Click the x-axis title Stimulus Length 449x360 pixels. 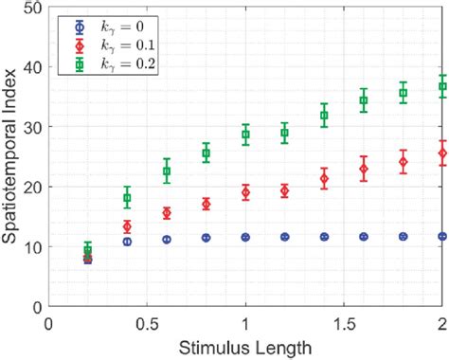pyautogui.click(x=245, y=348)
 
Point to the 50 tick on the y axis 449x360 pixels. pyautogui.click(x=33, y=8)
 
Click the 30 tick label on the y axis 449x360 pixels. pyautogui.click(x=33, y=127)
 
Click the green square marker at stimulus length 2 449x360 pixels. pyautogui.click(x=442, y=86)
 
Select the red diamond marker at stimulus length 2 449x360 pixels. pyautogui.click(x=442, y=153)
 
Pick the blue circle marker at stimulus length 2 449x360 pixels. pyautogui.click(x=442, y=236)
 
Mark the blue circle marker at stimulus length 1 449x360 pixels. pyautogui.click(x=245, y=237)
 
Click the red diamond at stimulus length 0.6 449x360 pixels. pyautogui.click(x=167, y=213)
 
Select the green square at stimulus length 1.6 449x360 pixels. pyautogui.click(x=364, y=100)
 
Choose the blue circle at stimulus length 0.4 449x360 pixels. pyautogui.click(x=127, y=242)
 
